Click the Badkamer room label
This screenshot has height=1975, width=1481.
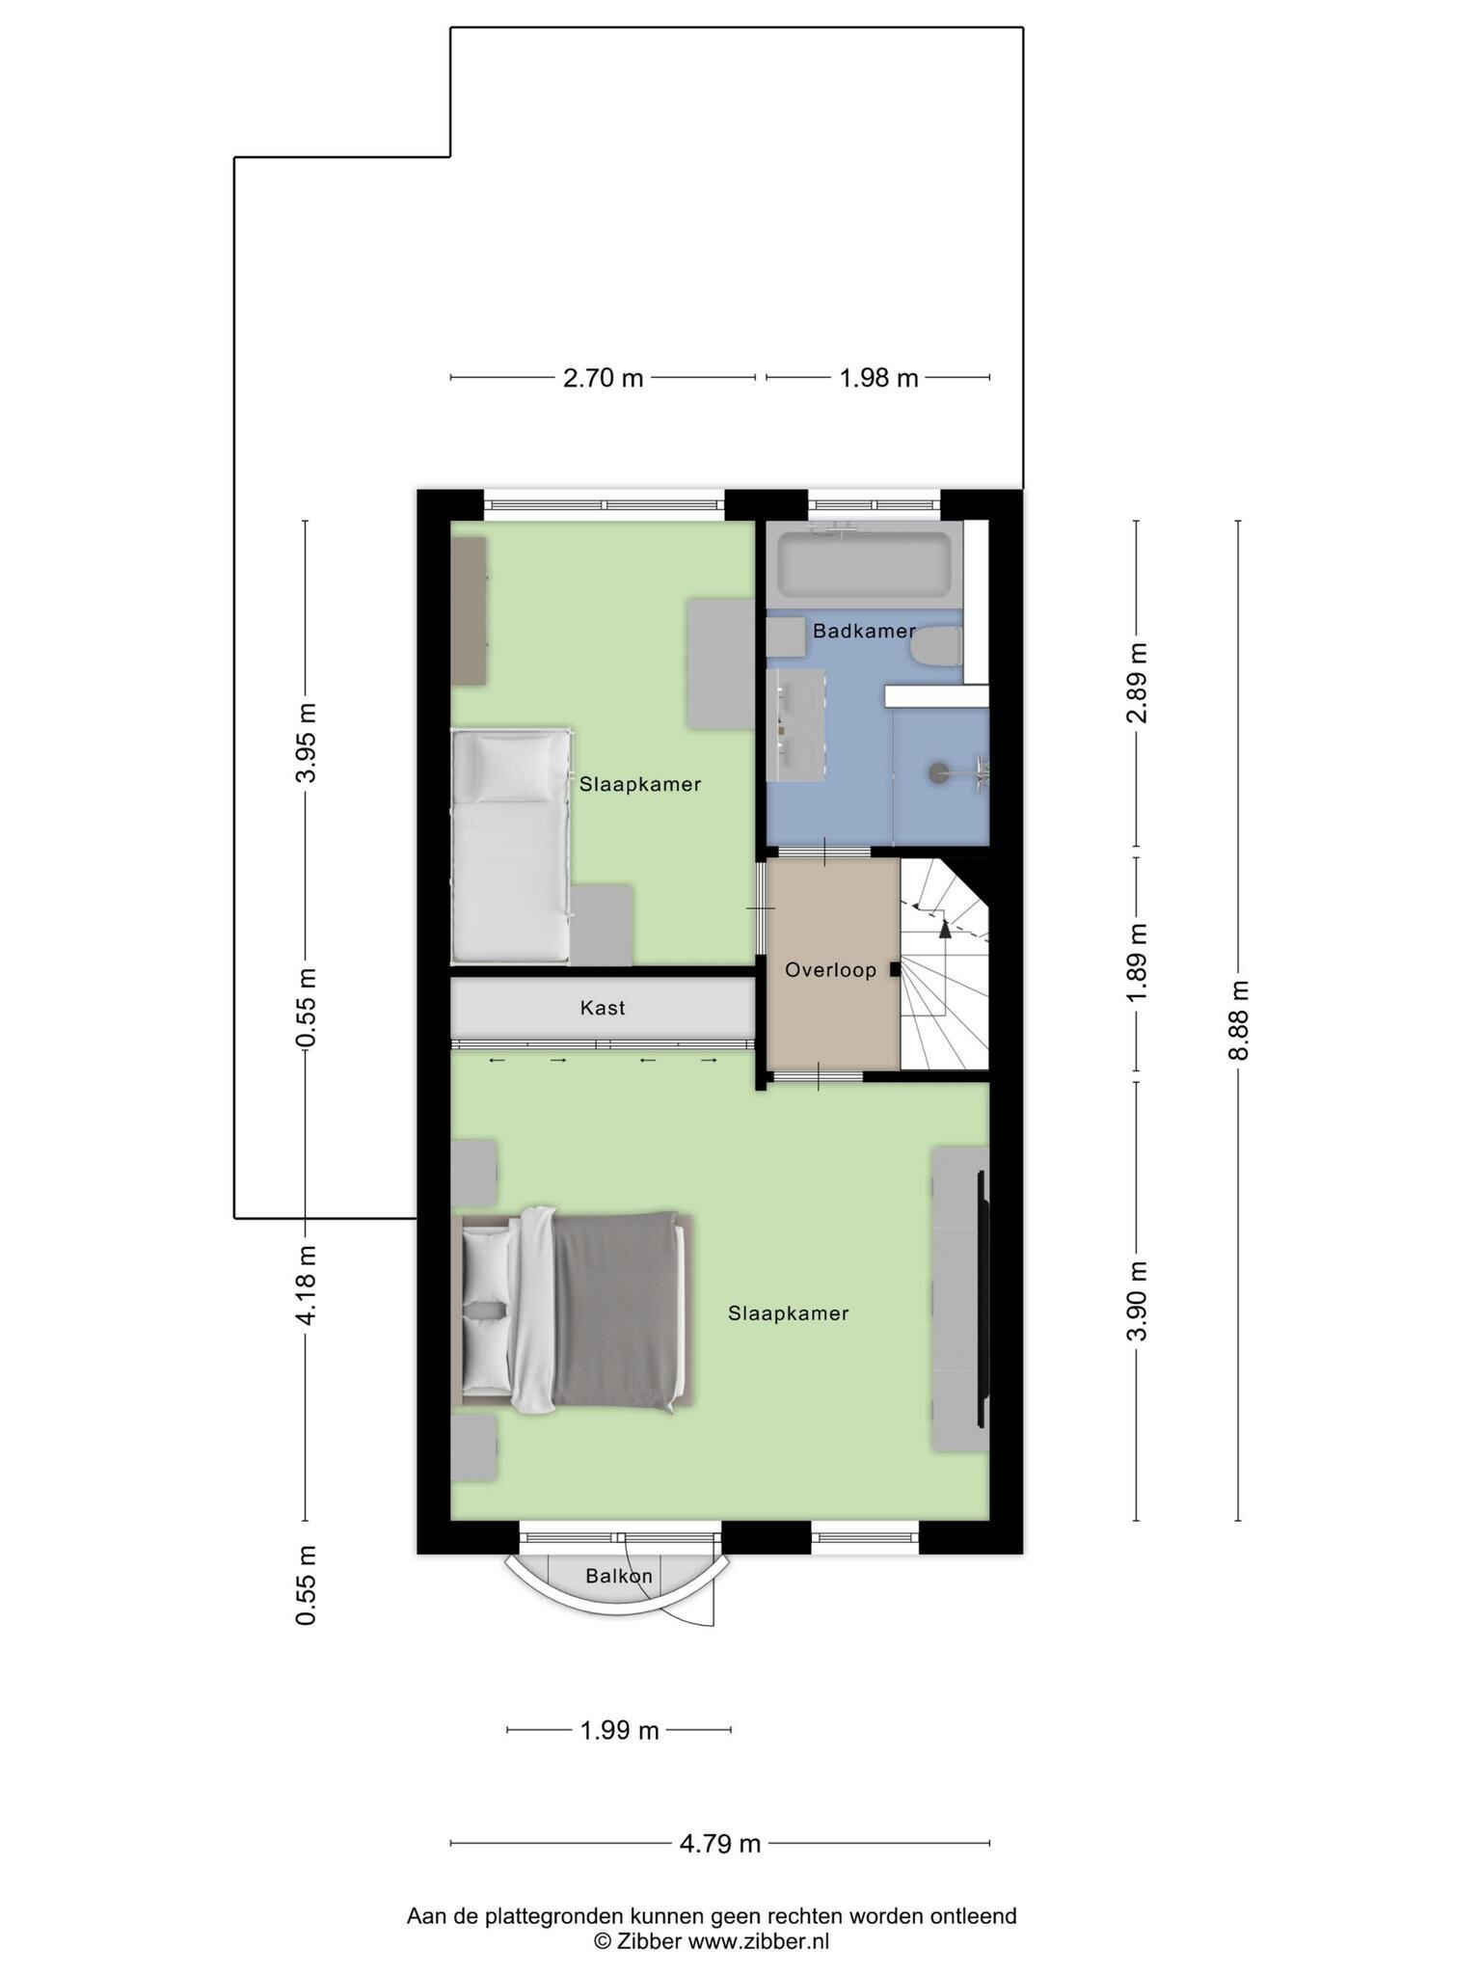[x=864, y=632]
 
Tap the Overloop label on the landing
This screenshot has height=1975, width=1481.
[x=830, y=970]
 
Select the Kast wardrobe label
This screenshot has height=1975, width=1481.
[x=603, y=1008]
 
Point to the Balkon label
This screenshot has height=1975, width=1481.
[x=619, y=1576]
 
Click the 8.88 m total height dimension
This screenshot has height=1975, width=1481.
[x=1238, y=1020]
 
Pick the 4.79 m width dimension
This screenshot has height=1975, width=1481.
[x=720, y=1844]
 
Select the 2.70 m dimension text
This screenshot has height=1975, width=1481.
[x=603, y=378]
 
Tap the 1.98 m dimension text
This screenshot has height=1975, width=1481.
[x=878, y=378]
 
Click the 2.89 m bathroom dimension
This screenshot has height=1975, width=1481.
[x=1138, y=682]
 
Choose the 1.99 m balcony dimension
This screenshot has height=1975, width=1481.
[x=619, y=1730]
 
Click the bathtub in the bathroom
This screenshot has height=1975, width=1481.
[x=864, y=565]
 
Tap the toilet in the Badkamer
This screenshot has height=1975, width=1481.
[x=936, y=647]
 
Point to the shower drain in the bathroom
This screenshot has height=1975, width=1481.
[x=938, y=772]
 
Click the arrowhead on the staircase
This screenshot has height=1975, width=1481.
[x=945, y=930]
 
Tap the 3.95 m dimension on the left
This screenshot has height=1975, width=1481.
[x=306, y=744]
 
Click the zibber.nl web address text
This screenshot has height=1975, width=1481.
[x=758, y=1941]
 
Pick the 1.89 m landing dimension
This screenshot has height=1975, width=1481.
[x=1138, y=961]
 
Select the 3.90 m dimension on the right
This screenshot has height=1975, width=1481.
[x=1138, y=1301]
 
